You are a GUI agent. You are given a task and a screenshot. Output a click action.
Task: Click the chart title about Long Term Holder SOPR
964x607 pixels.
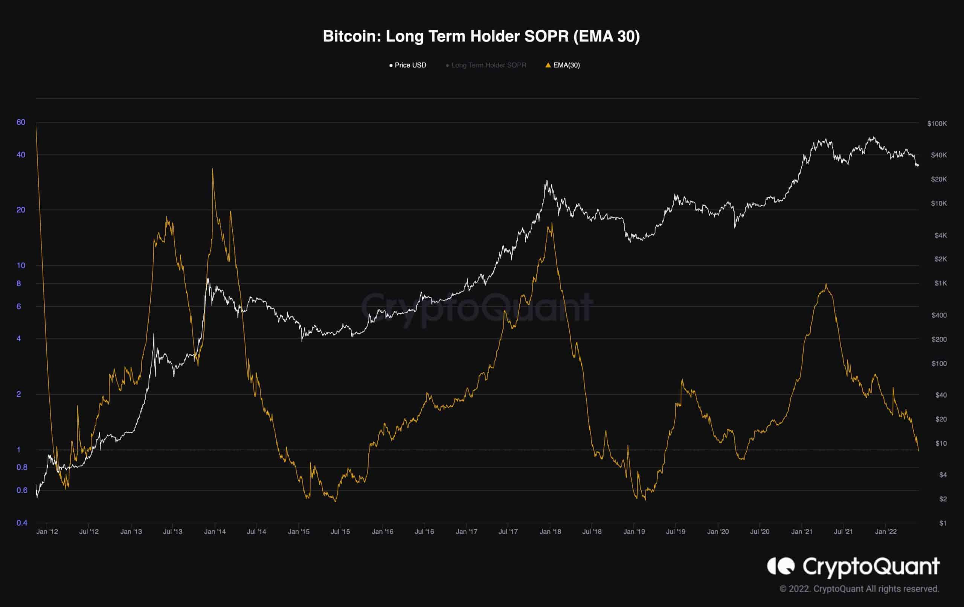click(x=481, y=37)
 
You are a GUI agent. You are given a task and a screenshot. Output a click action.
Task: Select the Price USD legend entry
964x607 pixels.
click(x=408, y=65)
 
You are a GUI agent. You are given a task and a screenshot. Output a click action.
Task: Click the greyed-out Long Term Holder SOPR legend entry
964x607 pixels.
click(x=486, y=65)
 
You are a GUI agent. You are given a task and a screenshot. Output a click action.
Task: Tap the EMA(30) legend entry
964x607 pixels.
click(x=563, y=65)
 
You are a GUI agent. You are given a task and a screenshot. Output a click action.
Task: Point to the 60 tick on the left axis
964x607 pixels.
click(x=21, y=122)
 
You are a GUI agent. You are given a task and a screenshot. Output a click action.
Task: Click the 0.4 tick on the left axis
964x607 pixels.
click(x=21, y=523)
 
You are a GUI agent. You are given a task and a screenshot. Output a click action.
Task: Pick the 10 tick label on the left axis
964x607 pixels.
click(x=21, y=265)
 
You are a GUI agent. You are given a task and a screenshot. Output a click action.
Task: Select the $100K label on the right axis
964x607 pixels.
click(x=937, y=124)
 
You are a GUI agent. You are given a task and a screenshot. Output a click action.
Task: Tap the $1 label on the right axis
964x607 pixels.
click(x=943, y=523)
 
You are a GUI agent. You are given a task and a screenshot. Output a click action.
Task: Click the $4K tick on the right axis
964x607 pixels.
click(x=941, y=235)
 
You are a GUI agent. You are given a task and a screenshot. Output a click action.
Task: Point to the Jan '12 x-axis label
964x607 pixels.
click(x=47, y=532)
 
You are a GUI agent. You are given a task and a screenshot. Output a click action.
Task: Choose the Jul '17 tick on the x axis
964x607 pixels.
click(x=508, y=532)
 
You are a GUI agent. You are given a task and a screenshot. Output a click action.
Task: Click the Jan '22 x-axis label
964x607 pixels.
click(x=886, y=532)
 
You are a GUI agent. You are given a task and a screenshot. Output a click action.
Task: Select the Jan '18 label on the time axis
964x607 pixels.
click(x=550, y=532)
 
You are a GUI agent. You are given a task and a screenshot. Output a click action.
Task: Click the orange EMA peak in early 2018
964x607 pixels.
click(x=552, y=223)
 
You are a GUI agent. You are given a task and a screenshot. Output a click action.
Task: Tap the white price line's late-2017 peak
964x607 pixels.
click(x=546, y=181)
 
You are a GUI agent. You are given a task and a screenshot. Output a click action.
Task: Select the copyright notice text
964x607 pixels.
click(x=859, y=589)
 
